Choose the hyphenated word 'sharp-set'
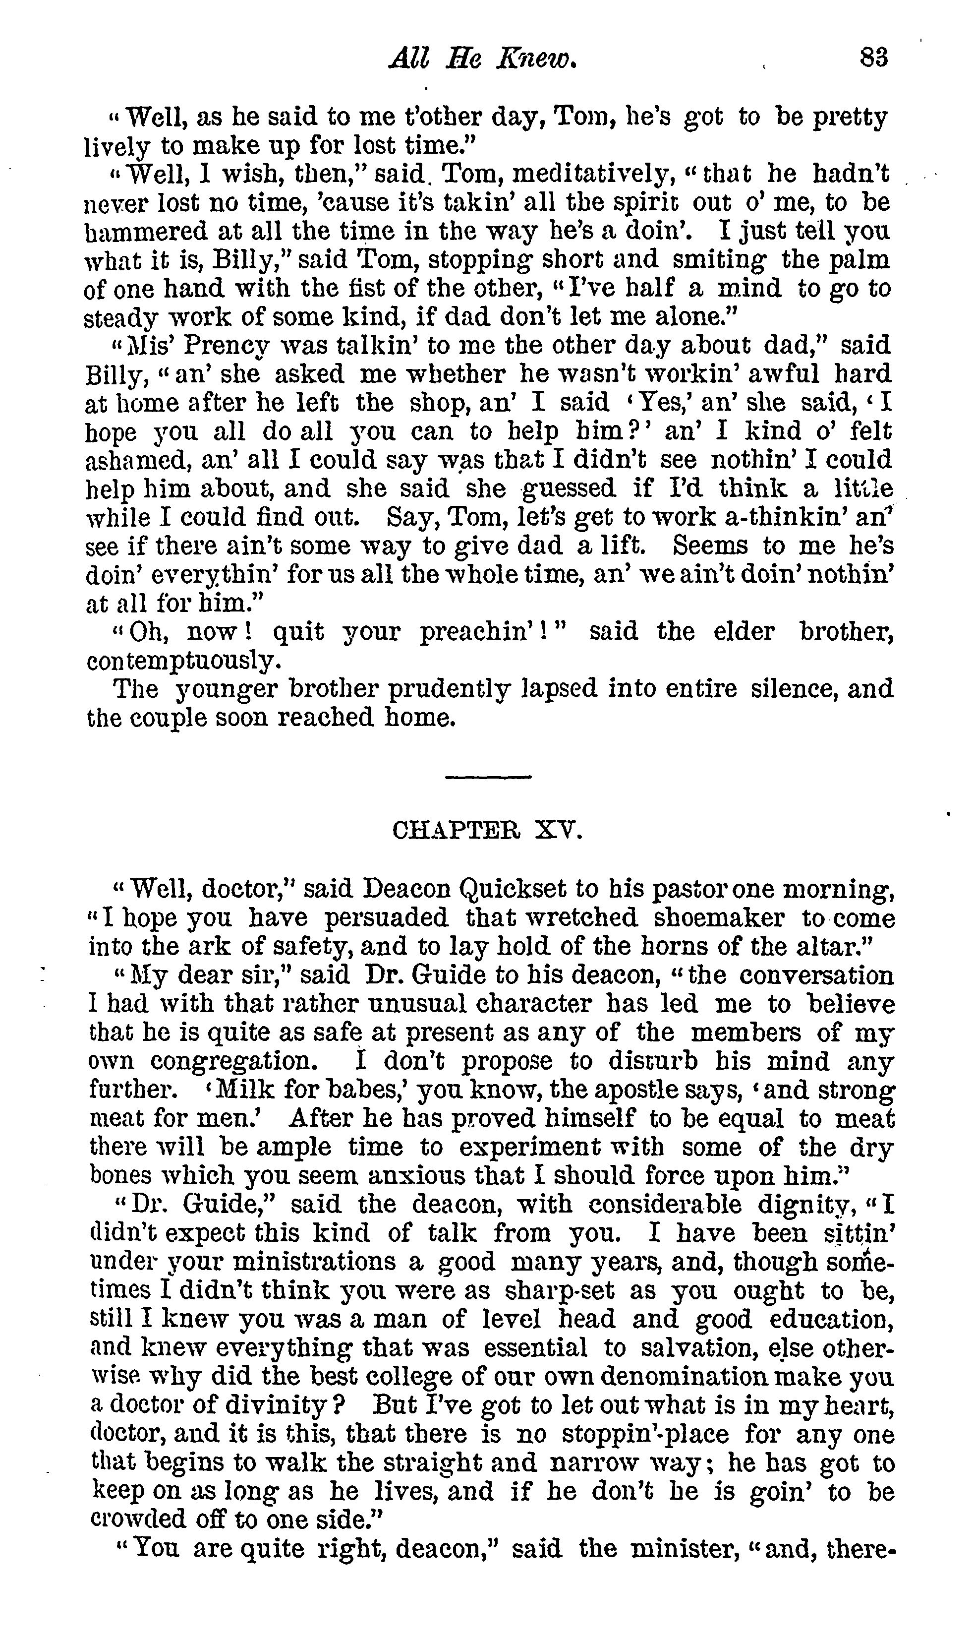click(x=559, y=1291)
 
